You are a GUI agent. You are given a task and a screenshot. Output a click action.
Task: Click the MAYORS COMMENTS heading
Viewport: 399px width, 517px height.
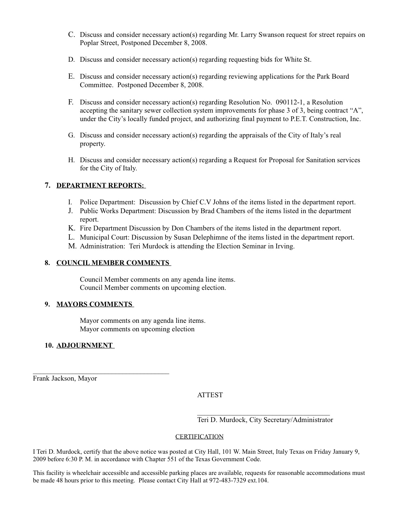(94, 304)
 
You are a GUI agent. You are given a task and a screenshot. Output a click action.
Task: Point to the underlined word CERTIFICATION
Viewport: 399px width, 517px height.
(199, 437)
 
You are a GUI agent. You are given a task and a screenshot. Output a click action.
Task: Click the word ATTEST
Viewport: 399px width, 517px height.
(210, 395)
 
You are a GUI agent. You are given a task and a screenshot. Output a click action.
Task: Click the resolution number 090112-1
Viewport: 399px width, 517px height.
(293, 102)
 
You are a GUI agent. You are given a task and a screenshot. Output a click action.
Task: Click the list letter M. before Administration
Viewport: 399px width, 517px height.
(72, 246)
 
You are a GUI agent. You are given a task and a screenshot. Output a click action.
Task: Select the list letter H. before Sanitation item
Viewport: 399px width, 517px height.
(71, 160)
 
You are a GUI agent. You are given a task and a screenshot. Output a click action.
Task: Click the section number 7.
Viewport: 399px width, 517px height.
(48, 185)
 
